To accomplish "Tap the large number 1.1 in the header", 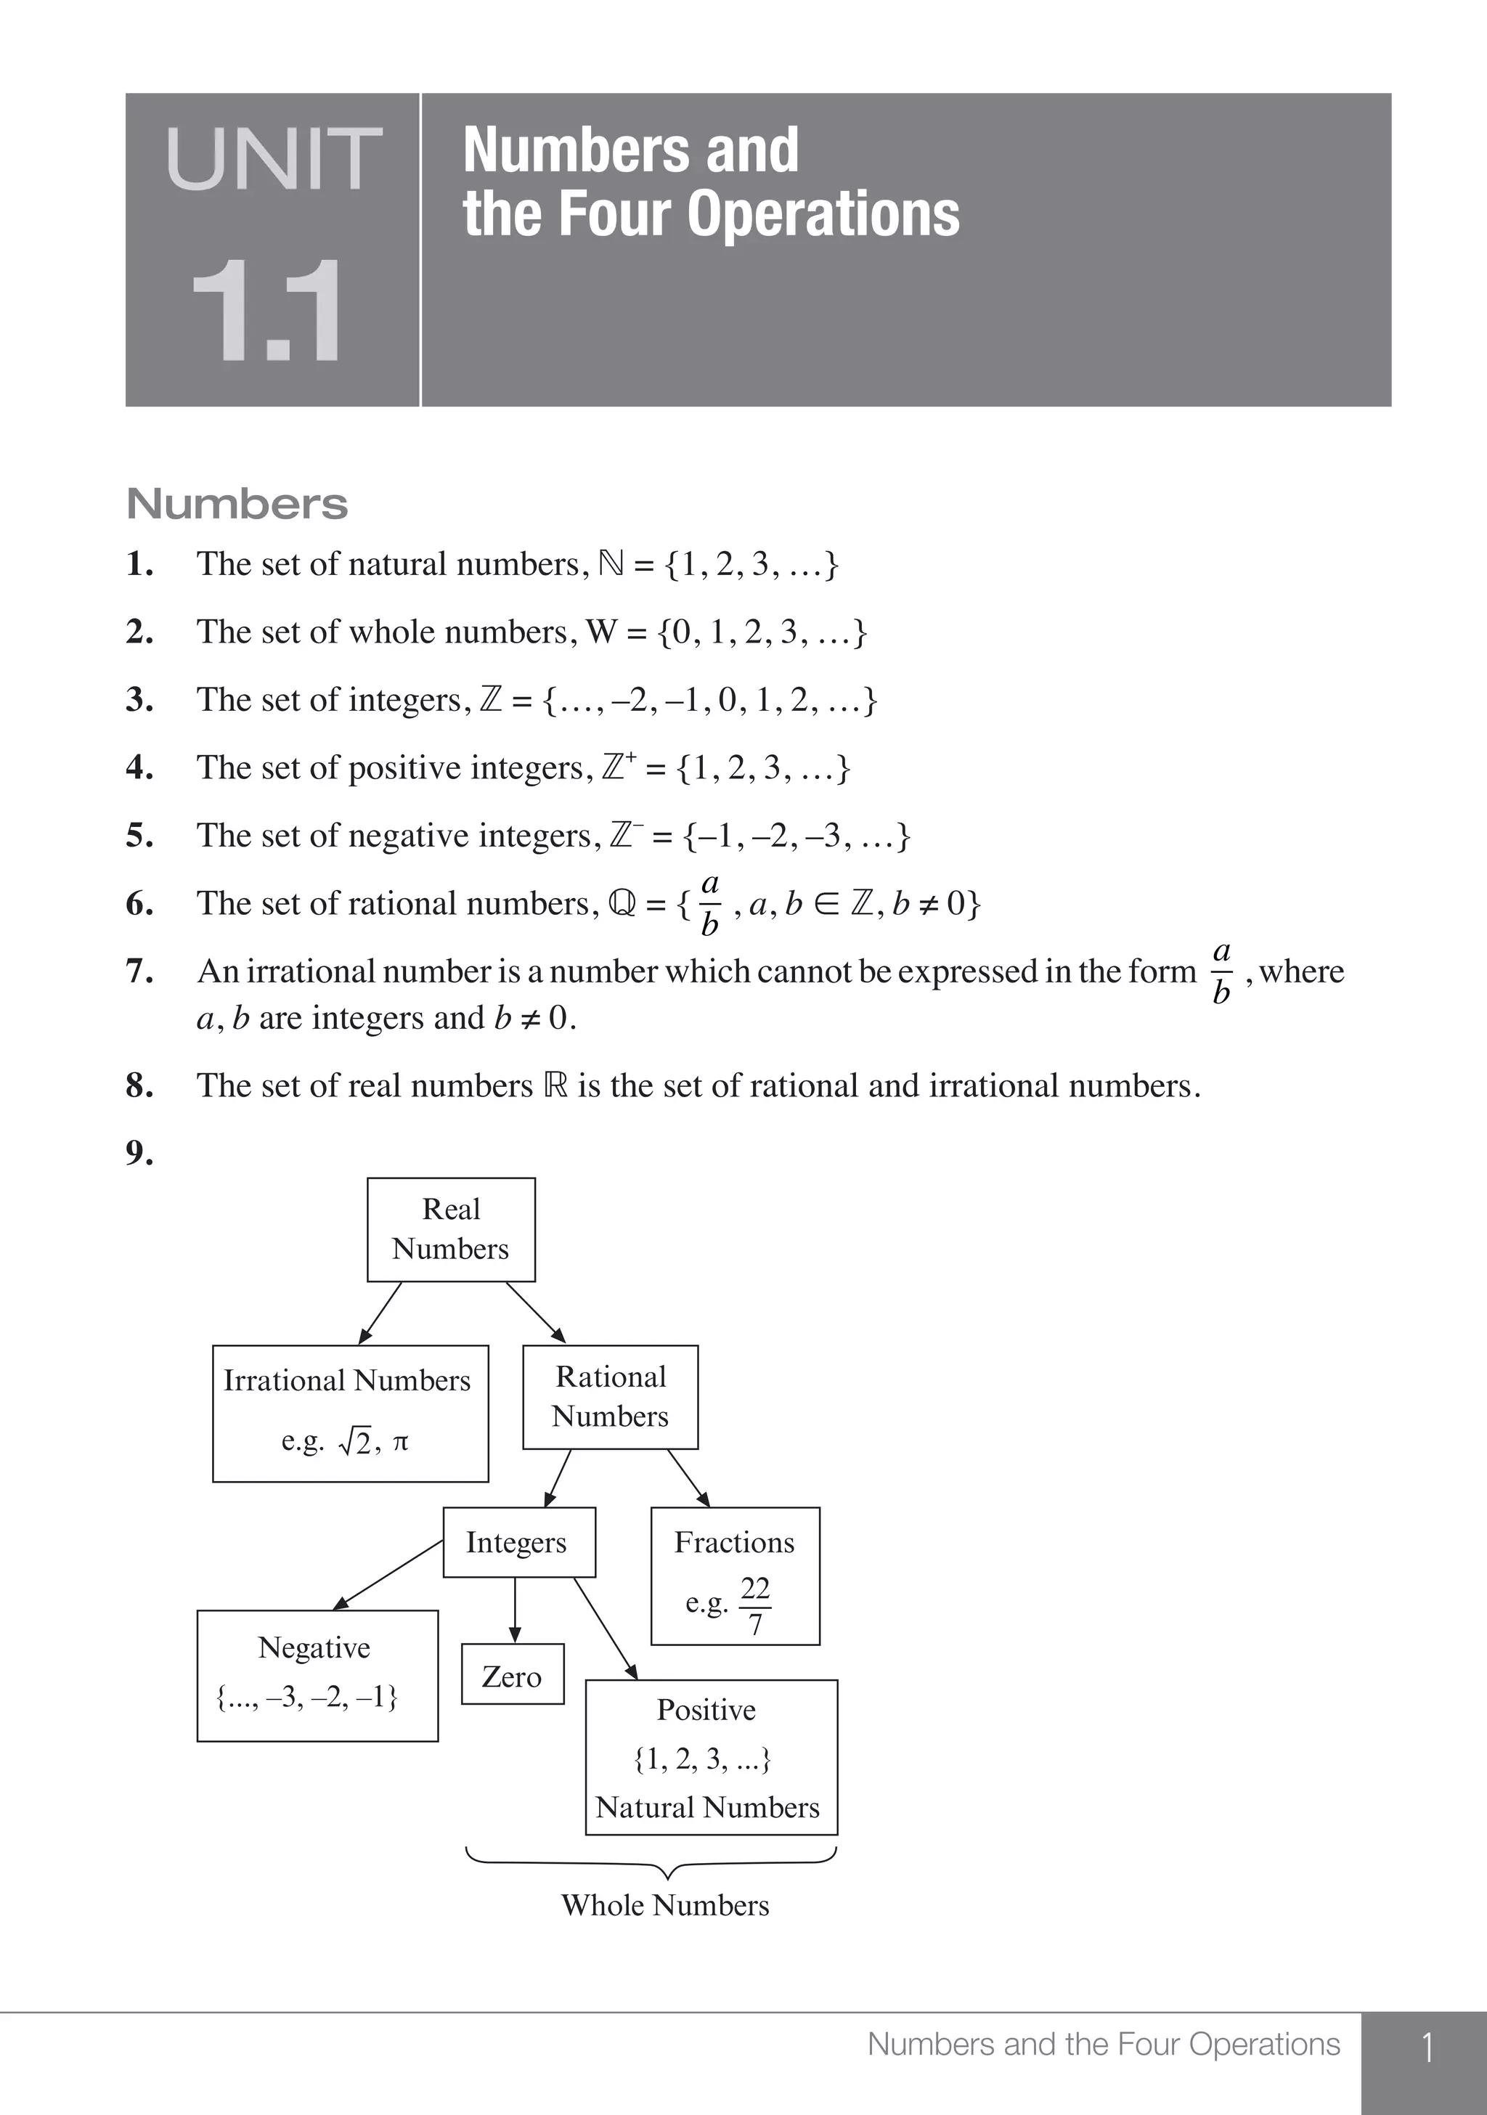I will coord(267,312).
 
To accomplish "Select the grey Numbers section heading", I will coord(237,504).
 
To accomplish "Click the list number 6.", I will coord(139,904).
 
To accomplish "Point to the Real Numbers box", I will coord(450,1228).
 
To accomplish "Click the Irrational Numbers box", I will coord(349,1412).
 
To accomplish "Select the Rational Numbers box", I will coord(610,1396).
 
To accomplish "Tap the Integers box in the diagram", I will coord(518,1542).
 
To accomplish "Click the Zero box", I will coord(513,1676).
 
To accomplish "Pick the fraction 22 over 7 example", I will coord(754,1605).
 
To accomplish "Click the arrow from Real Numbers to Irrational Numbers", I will coord(380,1313).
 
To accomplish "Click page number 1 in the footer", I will coord(1426,2047).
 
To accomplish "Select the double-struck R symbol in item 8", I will coord(555,1085).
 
